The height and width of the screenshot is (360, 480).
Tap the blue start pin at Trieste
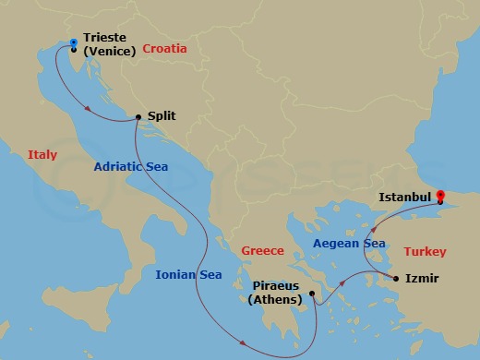(x=73, y=42)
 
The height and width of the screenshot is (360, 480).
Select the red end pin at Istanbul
(x=441, y=197)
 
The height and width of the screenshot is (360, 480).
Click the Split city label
(x=161, y=117)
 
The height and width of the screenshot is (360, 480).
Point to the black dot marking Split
(x=138, y=117)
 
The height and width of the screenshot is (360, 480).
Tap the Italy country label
(x=42, y=155)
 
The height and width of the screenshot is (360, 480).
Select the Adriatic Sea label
(x=131, y=168)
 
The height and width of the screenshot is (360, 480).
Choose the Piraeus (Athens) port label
(x=276, y=294)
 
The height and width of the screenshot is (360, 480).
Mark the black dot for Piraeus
(x=313, y=295)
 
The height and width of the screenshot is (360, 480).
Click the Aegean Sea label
(x=348, y=243)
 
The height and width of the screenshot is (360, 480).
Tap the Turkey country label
(x=425, y=251)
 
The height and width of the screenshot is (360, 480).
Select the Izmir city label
(x=421, y=278)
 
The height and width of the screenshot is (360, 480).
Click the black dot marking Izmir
(x=396, y=278)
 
